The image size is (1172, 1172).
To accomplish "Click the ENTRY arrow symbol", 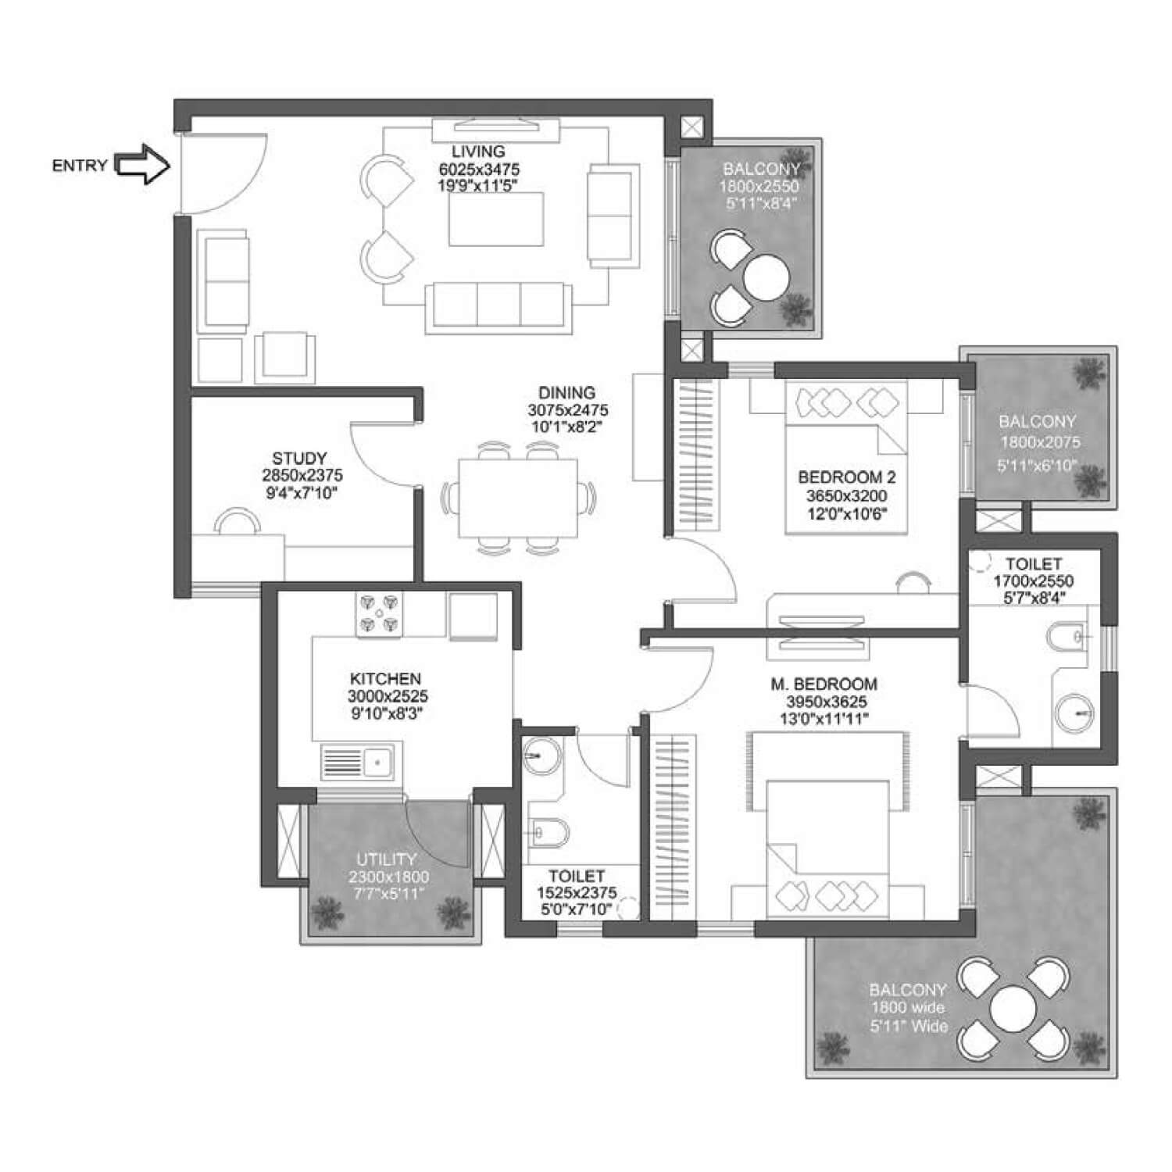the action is (142, 165).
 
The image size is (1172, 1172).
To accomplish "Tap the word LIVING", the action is (478, 152).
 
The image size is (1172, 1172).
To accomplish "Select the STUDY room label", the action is (299, 459).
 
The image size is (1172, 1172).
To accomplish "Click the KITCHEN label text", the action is (385, 679).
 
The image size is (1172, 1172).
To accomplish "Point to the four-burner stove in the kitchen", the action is (380, 613).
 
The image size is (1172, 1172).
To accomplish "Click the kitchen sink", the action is (358, 762).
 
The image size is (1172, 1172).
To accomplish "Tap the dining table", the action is (518, 498).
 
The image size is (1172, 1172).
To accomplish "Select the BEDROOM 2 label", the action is (847, 477).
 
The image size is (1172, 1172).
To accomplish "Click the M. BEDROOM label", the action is (824, 684).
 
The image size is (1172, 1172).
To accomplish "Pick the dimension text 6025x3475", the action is (479, 170).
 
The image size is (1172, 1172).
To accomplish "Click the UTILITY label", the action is (387, 860).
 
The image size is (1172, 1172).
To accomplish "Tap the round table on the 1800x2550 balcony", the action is (766, 277).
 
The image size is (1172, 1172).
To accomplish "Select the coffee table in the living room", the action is (497, 219).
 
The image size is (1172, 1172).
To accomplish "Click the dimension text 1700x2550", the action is (1033, 581).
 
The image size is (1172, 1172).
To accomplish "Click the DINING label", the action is (566, 393).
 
